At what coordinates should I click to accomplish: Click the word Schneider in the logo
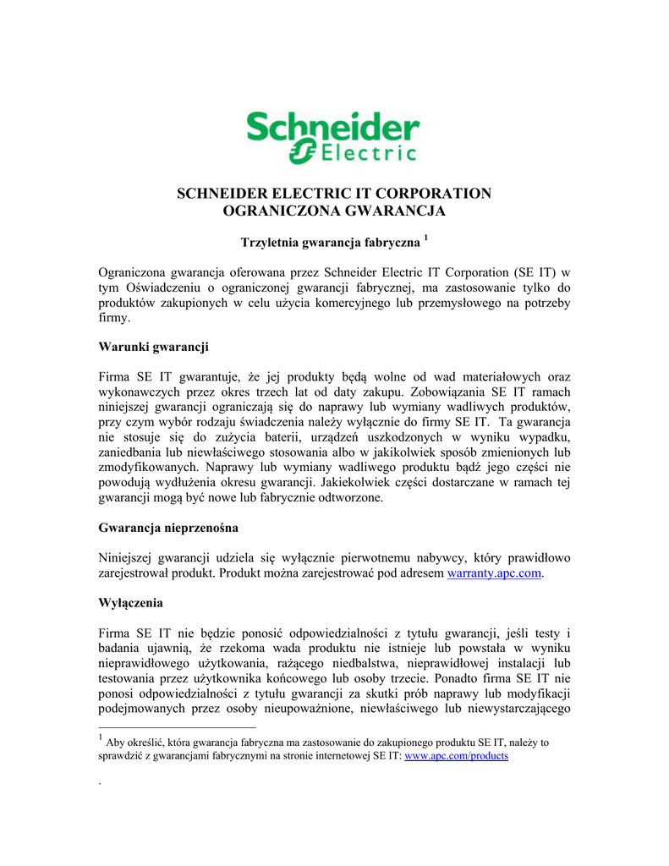pyautogui.click(x=333, y=129)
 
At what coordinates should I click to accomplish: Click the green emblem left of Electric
pyautogui.click(x=301, y=152)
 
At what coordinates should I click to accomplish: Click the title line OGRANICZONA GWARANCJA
pyautogui.click(x=333, y=211)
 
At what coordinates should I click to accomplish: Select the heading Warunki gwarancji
pyautogui.click(x=154, y=347)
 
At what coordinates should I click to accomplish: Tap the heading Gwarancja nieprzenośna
pyautogui.click(x=168, y=528)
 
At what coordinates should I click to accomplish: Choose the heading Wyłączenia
pyautogui.click(x=130, y=604)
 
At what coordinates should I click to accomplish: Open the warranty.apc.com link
pyautogui.click(x=493, y=574)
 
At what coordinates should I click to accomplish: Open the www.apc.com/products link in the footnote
pyautogui.click(x=457, y=756)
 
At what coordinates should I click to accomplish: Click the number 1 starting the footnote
pyautogui.click(x=101, y=740)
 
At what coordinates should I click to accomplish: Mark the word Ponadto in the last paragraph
pyautogui.click(x=463, y=678)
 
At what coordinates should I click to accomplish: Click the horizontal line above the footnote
pyautogui.click(x=177, y=726)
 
